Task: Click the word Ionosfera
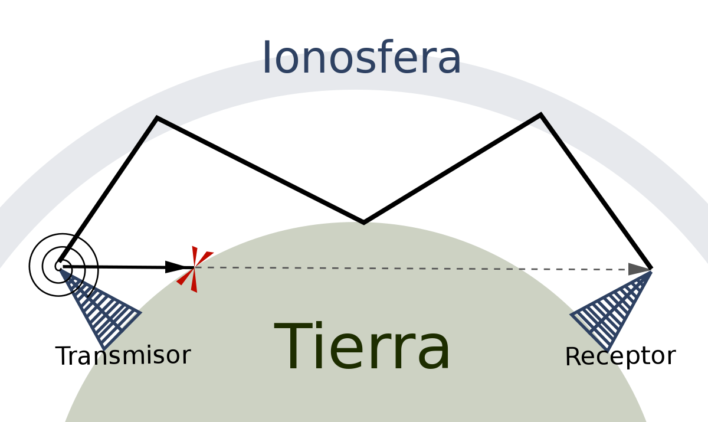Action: point(361,57)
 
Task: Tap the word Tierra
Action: point(362,347)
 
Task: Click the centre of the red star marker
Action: point(194,268)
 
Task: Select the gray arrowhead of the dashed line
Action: point(639,269)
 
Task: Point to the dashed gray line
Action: point(413,269)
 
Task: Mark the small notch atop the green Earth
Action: point(365,224)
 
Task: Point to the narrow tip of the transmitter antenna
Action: point(61,271)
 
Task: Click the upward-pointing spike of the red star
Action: point(194,254)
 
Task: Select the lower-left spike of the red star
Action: point(183,280)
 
